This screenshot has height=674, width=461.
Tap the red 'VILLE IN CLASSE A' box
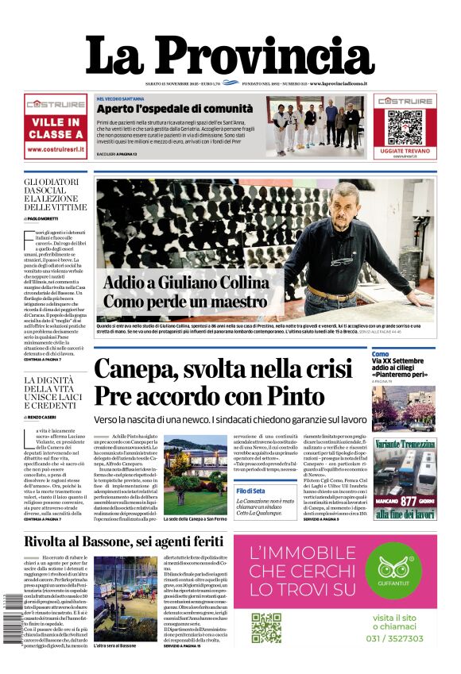[56, 128]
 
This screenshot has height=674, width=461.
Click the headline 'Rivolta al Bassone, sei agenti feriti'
[125, 541]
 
